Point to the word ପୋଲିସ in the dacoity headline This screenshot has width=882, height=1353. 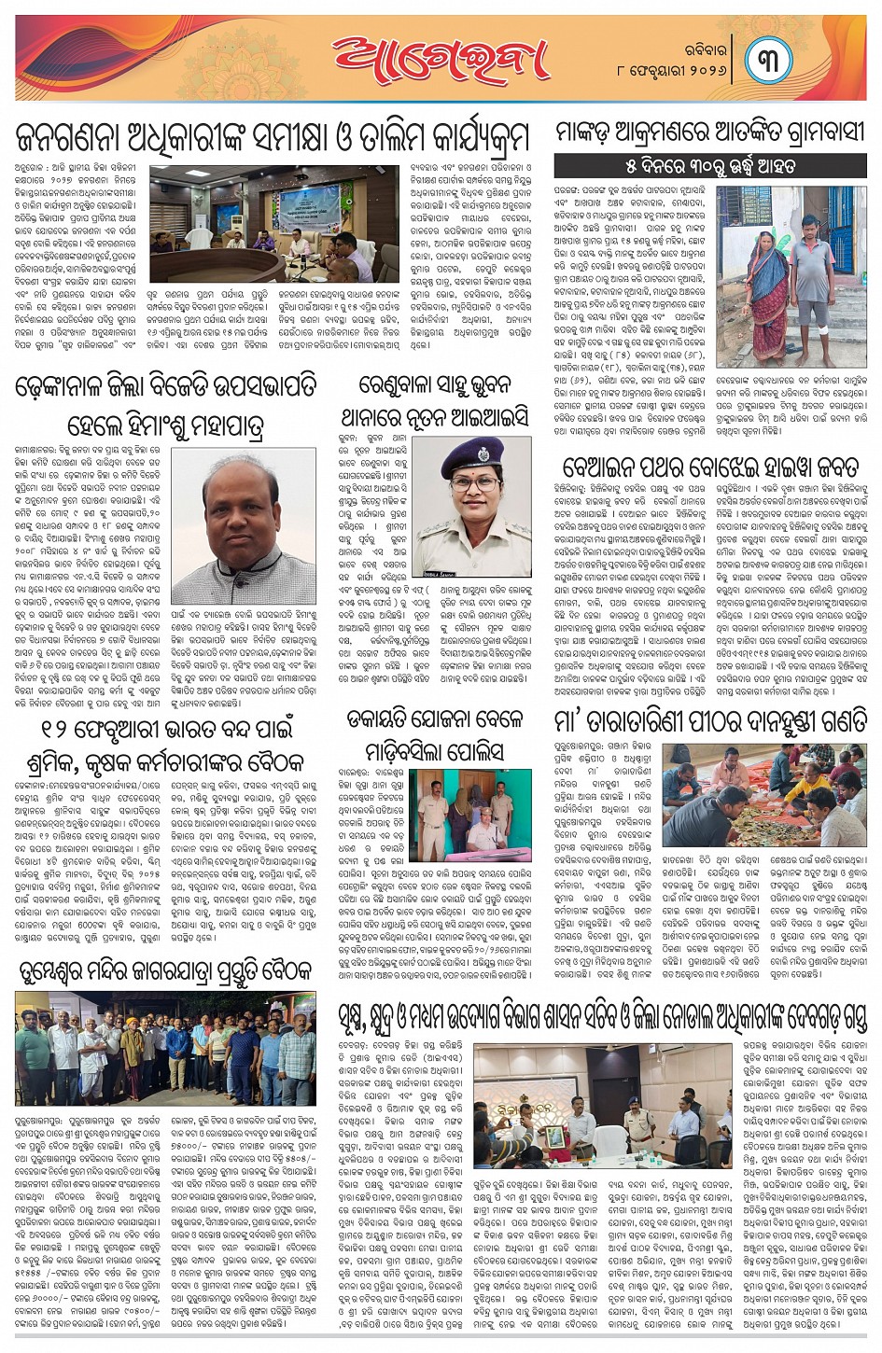[469, 751]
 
